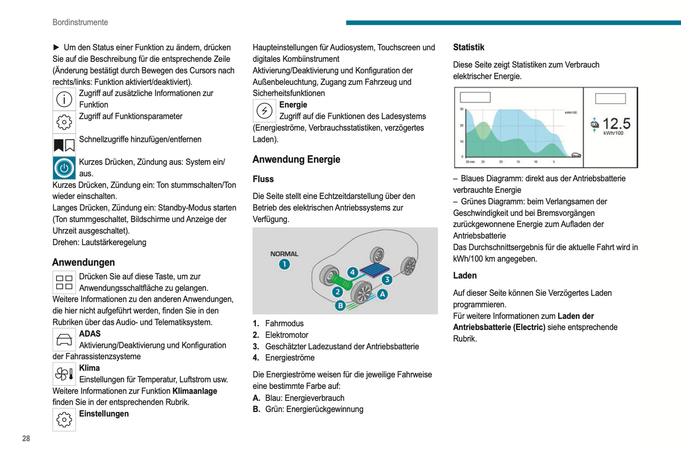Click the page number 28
click(26, 438)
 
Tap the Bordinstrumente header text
click(80, 22)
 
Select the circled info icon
click(64, 99)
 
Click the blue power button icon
click(64, 168)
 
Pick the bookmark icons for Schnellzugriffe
click(64, 145)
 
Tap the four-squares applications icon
click(64, 282)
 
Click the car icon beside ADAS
click(64, 339)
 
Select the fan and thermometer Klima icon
click(64, 374)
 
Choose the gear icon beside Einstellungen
click(64, 420)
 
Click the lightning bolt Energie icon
click(264, 111)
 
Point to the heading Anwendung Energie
click(296, 159)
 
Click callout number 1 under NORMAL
click(284, 264)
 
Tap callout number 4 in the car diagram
click(353, 272)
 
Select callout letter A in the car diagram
click(382, 294)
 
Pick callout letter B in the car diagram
click(340, 305)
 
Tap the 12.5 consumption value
click(616, 124)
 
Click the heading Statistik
click(468, 47)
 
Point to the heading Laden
click(465, 276)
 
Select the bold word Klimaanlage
click(195, 391)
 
